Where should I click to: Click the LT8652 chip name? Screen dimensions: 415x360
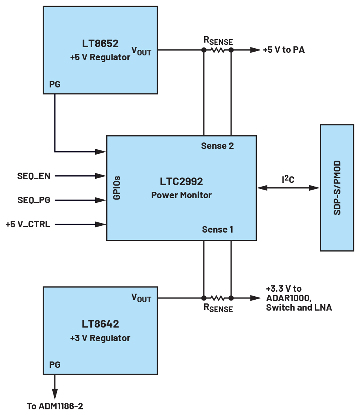point(100,43)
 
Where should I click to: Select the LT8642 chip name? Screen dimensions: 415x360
point(100,324)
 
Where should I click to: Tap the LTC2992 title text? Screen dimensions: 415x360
point(181,181)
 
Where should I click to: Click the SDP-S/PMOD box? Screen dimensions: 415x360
point(337,188)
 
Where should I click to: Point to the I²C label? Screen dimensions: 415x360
point(288,180)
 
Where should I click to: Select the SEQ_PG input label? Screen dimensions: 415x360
point(34,200)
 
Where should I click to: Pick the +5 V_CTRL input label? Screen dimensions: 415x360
point(28,225)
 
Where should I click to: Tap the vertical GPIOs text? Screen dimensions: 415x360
point(117,187)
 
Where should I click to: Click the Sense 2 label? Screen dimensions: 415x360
point(217,146)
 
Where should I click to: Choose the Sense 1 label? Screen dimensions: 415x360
point(217,229)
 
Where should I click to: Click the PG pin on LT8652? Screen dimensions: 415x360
point(55,85)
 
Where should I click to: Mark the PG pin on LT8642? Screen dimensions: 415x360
point(55,365)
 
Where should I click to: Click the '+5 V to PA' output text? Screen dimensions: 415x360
point(284,50)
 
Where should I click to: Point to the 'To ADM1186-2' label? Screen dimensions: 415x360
point(55,406)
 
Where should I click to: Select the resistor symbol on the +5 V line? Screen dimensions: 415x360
point(217,50)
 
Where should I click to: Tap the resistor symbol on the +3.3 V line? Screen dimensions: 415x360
point(217,298)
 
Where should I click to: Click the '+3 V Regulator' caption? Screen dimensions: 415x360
point(100,338)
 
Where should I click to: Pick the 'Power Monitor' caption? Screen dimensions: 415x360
point(181,195)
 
